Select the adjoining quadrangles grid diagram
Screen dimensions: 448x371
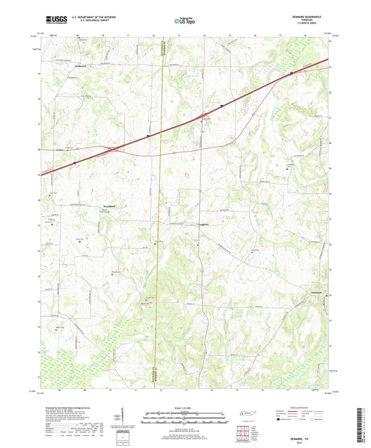click(x=245, y=433)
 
